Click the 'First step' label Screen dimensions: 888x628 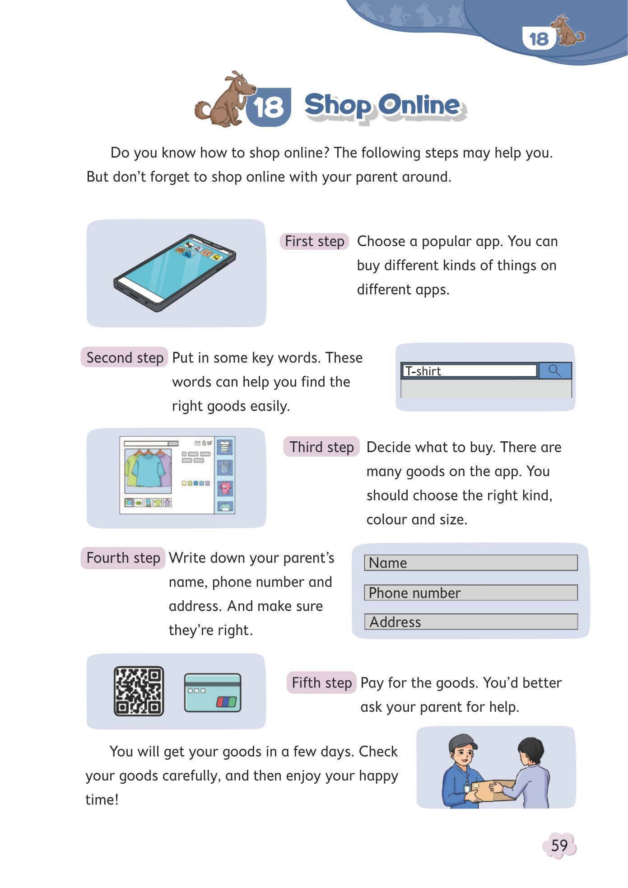(315, 241)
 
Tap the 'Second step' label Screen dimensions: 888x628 (125, 358)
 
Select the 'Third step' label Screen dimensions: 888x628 (321, 447)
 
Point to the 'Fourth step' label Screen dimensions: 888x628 (123, 558)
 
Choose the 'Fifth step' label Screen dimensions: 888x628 (321, 682)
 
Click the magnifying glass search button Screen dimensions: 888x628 (555, 371)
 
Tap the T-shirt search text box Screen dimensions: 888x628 (470, 371)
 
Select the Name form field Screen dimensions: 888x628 (471, 563)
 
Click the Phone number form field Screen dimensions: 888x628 (471, 593)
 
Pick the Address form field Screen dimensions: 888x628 (471, 622)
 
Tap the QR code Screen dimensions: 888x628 (139, 691)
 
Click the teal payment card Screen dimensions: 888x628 (213, 693)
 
